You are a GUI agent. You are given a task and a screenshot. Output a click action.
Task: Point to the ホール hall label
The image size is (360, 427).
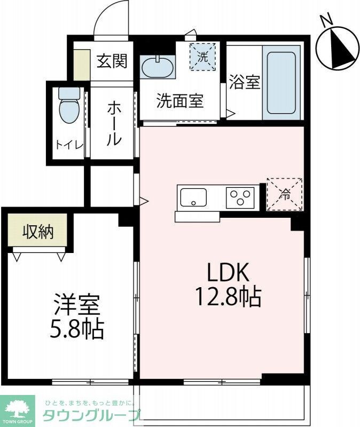pyautogui.click(x=113, y=123)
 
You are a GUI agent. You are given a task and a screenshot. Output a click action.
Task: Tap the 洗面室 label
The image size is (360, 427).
pyautogui.click(x=180, y=100)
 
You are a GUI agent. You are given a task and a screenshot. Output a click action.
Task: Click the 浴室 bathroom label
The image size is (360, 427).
pyautogui.click(x=245, y=83)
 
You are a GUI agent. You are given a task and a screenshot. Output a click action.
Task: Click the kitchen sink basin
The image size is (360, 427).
pyautogui.click(x=193, y=197)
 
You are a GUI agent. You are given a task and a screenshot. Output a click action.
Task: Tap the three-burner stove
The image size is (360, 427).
pyautogui.click(x=240, y=197)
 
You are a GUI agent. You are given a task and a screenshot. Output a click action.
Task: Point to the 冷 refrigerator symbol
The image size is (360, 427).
pyautogui.click(x=285, y=194)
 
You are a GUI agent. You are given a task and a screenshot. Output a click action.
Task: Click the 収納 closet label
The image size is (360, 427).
pyautogui.click(x=37, y=232)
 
